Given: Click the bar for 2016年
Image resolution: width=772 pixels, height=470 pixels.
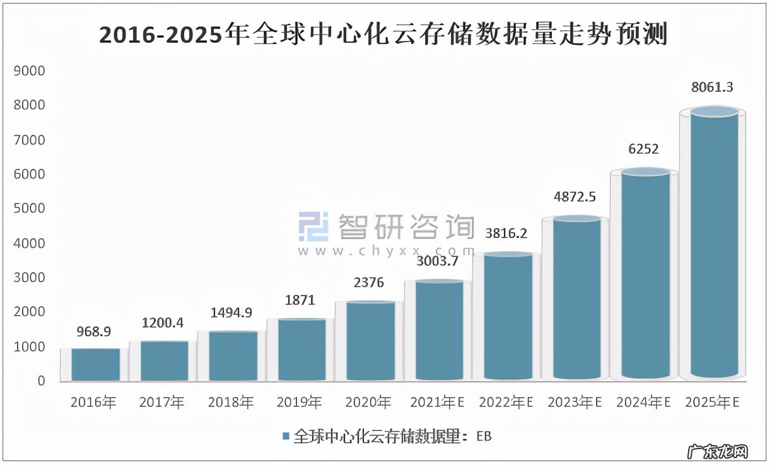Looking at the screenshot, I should coord(95,365).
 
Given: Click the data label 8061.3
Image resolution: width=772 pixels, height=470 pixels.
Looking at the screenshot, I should coord(712,88).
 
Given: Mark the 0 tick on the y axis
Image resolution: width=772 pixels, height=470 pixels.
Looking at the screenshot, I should coord(41,381).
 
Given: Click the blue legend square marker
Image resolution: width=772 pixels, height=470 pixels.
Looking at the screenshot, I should coord(286,436).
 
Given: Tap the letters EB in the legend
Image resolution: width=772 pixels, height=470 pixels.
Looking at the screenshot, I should coord(484,436).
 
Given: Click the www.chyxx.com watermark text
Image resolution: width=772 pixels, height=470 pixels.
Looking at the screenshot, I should coord(386,251).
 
